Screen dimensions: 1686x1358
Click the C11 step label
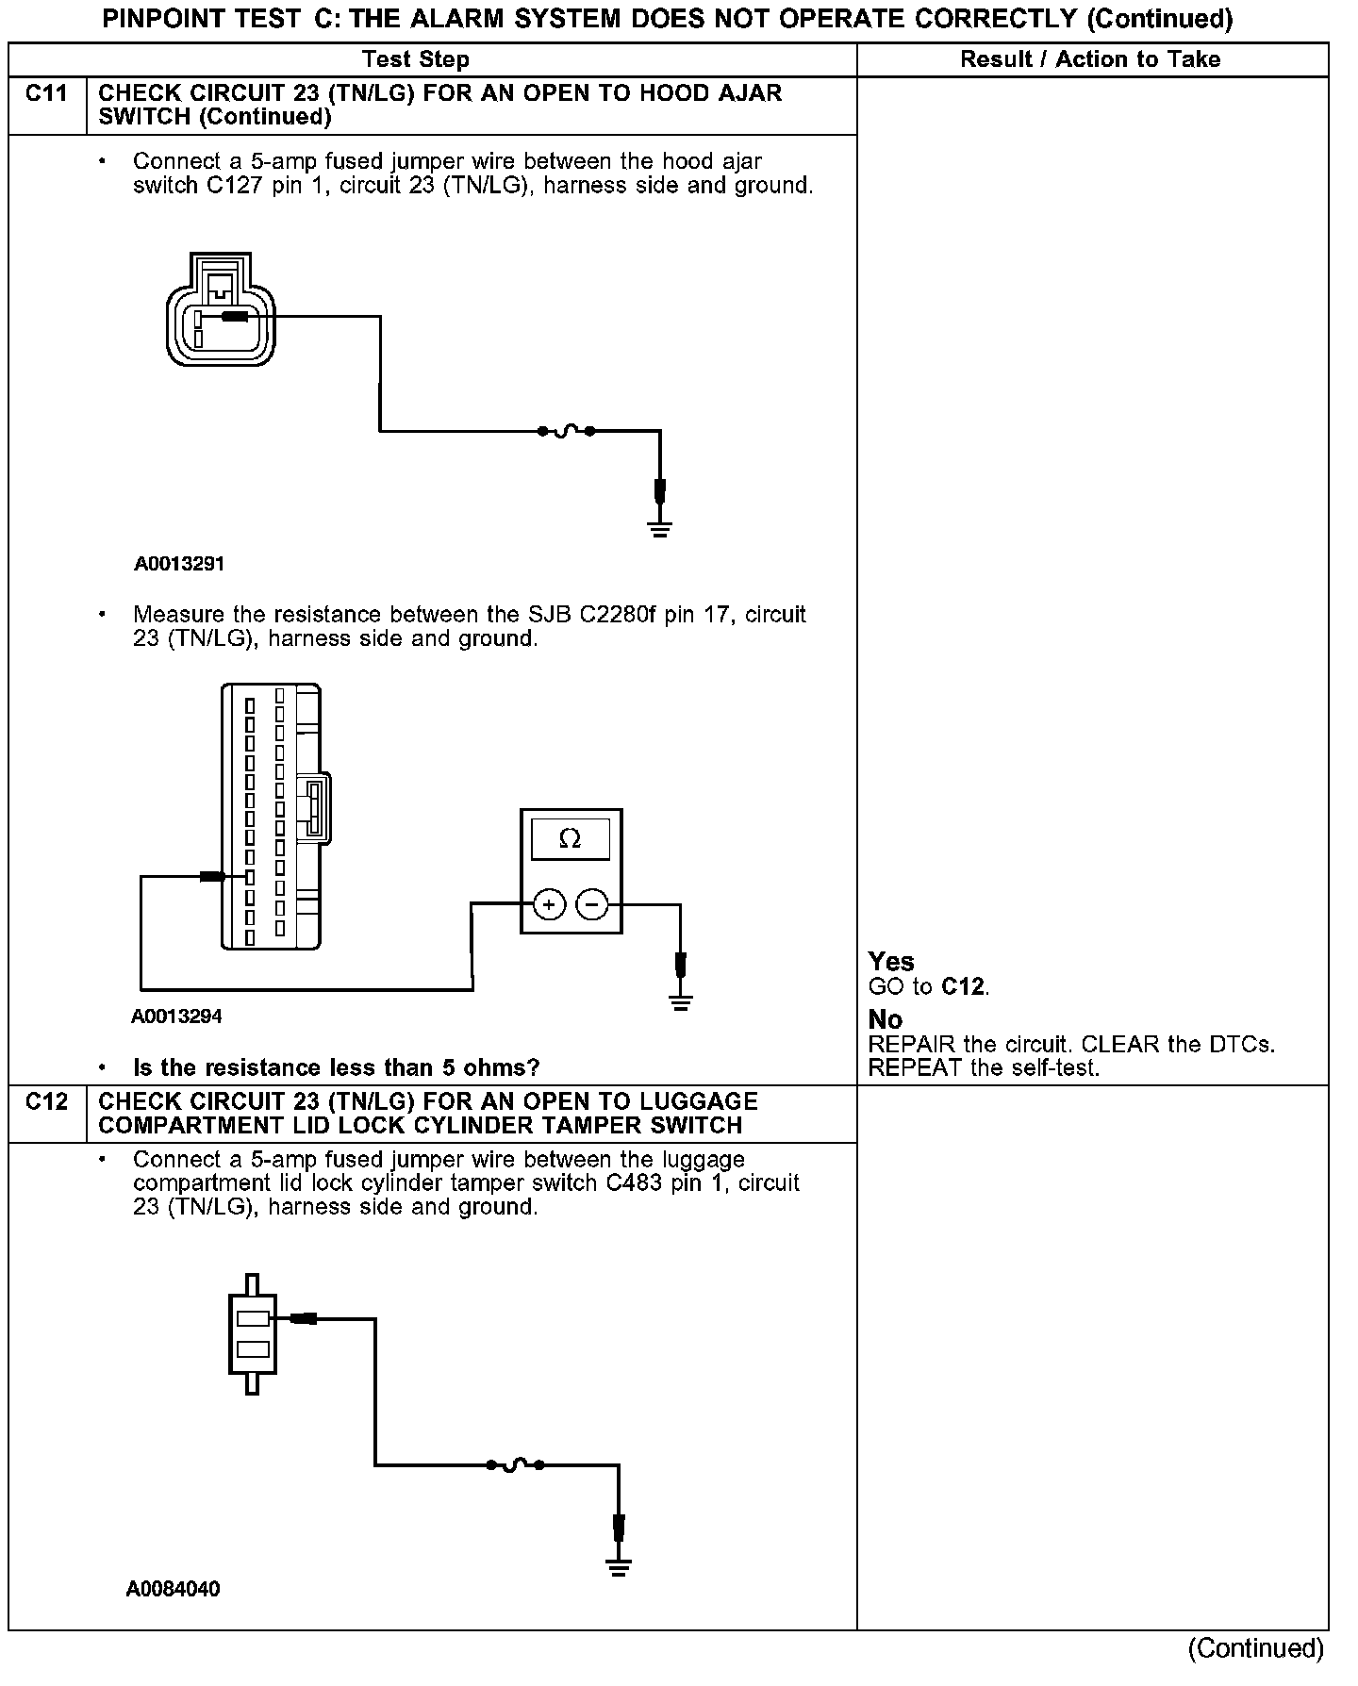click(46, 93)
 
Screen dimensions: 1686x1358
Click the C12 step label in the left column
click(46, 1101)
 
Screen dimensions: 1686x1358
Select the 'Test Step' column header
click(416, 59)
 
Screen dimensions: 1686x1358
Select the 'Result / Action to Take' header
click(1090, 59)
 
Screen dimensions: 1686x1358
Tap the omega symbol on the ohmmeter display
click(570, 838)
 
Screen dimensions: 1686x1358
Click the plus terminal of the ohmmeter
click(549, 905)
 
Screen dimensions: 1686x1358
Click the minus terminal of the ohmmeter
click(592, 905)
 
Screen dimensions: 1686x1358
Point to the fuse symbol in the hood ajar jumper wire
click(566, 431)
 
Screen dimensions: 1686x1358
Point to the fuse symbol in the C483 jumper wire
click(515, 1464)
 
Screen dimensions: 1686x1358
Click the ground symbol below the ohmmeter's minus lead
click(681, 1002)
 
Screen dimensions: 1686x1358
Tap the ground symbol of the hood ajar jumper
click(660, 529)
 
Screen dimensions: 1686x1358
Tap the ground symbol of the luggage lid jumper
click(619, 1568)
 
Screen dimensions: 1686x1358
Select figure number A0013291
click(179, 564)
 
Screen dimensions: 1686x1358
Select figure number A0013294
click(177, 1017)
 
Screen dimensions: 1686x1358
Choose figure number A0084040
click(174, 1589)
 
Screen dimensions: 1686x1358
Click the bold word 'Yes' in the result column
click(891, 962)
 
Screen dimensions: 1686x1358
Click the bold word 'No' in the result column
click(886, 1019)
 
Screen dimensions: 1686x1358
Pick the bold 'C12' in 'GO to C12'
click(963, 986)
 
